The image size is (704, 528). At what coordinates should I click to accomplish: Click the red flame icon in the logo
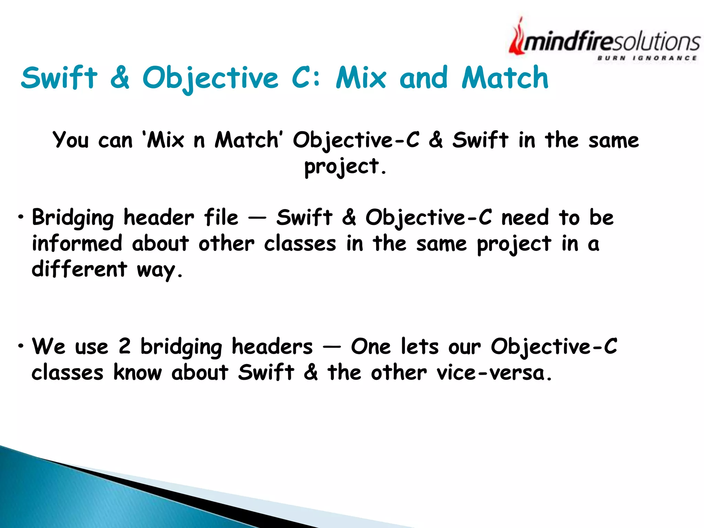coord(517,38)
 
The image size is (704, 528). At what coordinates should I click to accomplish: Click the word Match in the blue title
coord(505,78)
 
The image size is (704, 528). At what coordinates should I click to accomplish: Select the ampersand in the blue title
coord(120,78)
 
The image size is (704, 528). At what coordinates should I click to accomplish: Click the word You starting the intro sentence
coord(70,140)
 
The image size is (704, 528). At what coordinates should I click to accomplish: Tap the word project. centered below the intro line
coord(345,167)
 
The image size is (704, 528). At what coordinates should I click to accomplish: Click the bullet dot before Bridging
coord(21,217)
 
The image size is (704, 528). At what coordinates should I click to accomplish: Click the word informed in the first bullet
coord(77,243)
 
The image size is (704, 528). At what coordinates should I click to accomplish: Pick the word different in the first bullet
coord(79,269)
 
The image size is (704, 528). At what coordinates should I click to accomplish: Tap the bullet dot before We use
coord(21,346)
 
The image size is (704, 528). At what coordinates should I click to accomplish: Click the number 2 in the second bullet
coord(124,346)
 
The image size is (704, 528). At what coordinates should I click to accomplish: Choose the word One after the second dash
coord(371,346)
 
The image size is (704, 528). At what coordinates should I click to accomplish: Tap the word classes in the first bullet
coord(300,244)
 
